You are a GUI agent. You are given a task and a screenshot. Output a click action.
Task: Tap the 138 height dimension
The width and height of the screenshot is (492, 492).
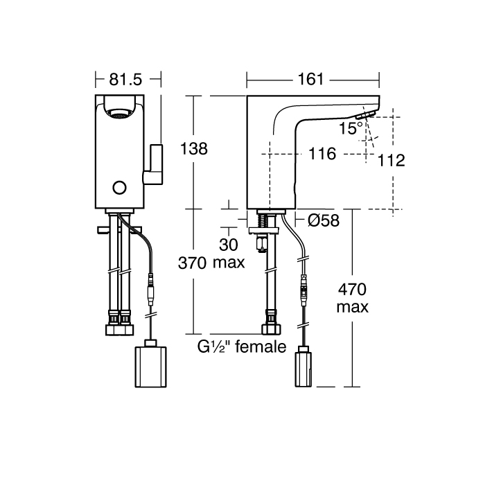point(193,149)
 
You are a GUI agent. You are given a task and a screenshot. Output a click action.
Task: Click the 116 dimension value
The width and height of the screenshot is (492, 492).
point(322,154)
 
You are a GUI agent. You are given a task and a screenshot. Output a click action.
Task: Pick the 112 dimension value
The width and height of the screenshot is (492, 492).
point(392,161)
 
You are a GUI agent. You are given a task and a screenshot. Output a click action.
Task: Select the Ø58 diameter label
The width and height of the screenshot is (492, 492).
point(322,221)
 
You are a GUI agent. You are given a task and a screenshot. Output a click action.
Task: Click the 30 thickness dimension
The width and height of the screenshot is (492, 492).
point(229,245)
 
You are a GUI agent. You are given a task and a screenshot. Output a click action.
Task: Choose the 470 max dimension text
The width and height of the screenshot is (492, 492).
point(353,298)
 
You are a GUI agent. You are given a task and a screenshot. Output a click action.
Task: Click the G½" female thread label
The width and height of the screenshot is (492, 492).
point(242,346)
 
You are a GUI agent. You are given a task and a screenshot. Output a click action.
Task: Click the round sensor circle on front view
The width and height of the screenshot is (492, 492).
point(120,187)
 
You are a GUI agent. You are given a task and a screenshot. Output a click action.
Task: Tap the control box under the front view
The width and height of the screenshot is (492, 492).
point(150,365)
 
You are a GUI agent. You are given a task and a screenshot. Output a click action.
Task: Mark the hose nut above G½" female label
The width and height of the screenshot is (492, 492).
point(269,329)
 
